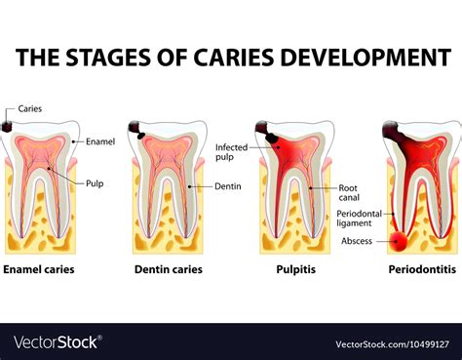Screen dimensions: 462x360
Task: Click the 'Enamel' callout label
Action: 99,141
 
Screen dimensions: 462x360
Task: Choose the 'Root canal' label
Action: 349,192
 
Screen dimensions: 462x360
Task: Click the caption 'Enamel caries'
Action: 39,269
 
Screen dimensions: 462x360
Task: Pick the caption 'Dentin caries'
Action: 168,269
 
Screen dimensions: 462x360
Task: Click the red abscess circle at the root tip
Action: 400,241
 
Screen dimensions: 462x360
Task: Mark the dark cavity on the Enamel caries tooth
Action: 7,127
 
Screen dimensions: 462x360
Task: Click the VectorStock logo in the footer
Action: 57,342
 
